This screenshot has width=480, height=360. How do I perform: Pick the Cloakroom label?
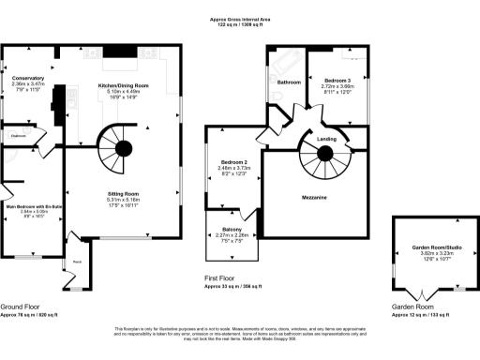coord(18,137)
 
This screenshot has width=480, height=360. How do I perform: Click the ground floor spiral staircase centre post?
coord(122,146)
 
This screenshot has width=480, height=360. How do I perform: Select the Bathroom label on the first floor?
coord(289,82)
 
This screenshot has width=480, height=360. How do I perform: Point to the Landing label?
coord(352,140)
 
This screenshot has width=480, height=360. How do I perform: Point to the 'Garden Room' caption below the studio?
coord(412,307)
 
